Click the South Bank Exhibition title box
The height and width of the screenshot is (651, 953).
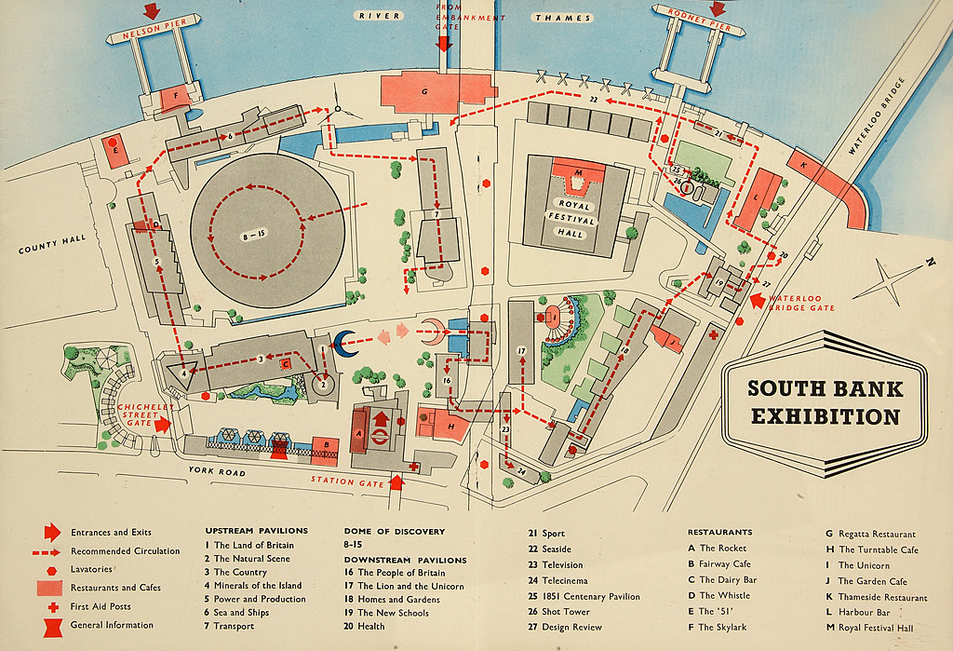coord(825,402)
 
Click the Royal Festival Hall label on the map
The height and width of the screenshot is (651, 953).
coord(570,219)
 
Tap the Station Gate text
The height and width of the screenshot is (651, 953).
coord(345,481)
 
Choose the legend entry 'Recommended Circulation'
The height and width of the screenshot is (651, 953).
coord(126,550)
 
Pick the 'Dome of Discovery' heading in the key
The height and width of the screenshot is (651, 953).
coord(394,532)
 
